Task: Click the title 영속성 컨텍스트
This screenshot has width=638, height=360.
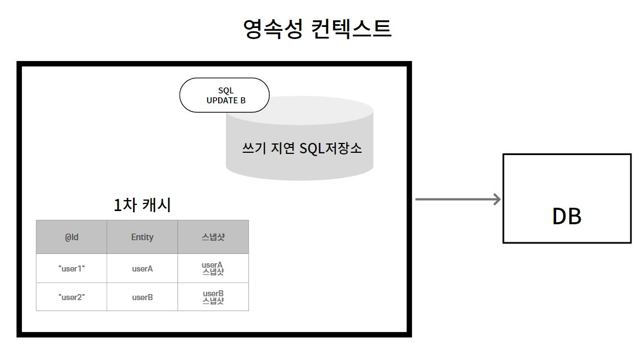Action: [317, 29]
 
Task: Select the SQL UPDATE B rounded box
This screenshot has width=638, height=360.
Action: [224, 95]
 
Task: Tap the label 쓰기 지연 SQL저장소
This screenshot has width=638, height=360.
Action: [302, 148]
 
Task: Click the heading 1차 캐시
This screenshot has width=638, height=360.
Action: [142, 204]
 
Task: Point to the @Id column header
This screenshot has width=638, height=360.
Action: [71, 237]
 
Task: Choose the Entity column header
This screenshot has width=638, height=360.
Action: [142, 237]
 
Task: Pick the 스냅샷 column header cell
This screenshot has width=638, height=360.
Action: [213, 237]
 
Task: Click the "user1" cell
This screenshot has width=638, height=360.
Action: [71, 268]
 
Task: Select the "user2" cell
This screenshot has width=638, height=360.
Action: [71, 297]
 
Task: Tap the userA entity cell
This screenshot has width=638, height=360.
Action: [142, 268]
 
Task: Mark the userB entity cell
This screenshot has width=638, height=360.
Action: [142, 297]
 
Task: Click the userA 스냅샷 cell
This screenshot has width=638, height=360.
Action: [213, 268]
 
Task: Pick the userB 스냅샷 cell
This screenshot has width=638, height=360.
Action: [213, 297]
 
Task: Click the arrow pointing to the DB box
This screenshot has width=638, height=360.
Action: [458, 200]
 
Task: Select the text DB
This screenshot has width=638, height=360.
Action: [567, 217]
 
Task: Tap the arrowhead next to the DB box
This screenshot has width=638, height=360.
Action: [497, 200]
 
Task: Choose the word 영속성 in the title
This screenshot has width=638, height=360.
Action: [273, 29]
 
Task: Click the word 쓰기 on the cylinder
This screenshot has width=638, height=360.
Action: [254, 148]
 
